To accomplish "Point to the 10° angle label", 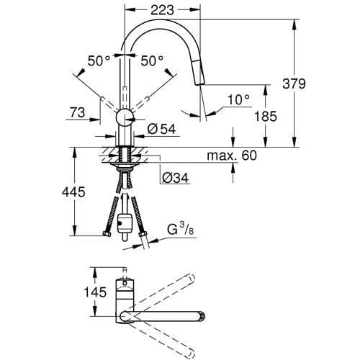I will tap(238, 99).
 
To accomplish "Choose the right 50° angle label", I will tap(152, 61).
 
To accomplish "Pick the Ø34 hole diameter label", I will tap(174, 178).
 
